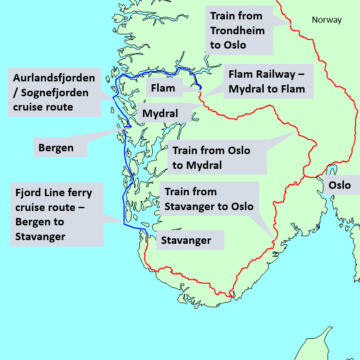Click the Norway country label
pyautogui.click(x=326, y=20)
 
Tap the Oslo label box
pyautogui.click(x=339, y=186)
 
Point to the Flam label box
pyautogui.click(x=163, y=88)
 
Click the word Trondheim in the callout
pyautogui.click(x=237, y=31)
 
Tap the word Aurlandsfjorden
pyautogui.click(x=54, y=77)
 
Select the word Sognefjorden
pyautogui.click(x=55, y=93)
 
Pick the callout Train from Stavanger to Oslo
pyautogui.click(x=209, y=199)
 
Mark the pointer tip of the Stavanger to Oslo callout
pyautogui.click(x=274, y=240)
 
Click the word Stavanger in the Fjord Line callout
pyautogui.click(x=40, y=236)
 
